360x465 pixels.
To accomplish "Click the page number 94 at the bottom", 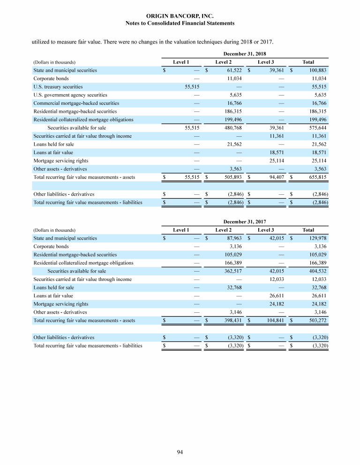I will pyautogui.click(x=180, y=451).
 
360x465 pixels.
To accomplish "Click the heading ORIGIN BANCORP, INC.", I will pyautogui.click(x=180, y=16).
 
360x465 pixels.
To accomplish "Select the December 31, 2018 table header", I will pyautogui.click(x=245, y=54).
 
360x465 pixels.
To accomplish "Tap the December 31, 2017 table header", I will pyautogui.click(x=245, y=221).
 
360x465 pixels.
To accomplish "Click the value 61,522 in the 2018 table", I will pyautogui.click(x=233, y=70).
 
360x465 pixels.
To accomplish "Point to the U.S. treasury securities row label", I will pyautogui.click(x=58, y=87).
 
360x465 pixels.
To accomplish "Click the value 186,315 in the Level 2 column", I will pyautogui.click(x=232, y=111).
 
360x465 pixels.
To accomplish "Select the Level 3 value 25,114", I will pyautogui.click(x=276, y=161).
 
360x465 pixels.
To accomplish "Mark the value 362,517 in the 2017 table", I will pyautogui.click(x=232, y=271).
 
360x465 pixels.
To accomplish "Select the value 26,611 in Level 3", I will pyautogui.click(x=276, y=295).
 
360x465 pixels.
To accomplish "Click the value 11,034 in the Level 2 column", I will pyautogui.click(x=233, y=79).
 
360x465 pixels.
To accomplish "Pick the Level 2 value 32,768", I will pyautogui.click(x=233, y=288).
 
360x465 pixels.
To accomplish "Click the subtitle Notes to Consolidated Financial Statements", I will pyautogui.click(x=180, y=23).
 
